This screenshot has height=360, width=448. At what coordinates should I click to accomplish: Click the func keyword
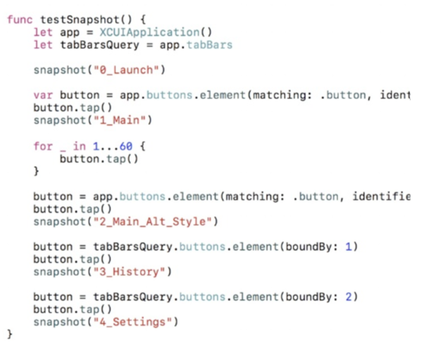point(20,19)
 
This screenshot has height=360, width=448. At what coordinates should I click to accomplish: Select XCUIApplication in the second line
point(150,32)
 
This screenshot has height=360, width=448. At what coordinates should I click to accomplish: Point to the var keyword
point(43,95)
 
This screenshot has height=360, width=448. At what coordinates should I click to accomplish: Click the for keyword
point(43,146)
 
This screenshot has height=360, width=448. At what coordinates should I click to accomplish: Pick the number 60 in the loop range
point(126,146)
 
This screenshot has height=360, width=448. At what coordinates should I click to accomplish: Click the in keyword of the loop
point(80,146)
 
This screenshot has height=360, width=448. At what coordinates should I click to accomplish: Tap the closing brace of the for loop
point(36,171)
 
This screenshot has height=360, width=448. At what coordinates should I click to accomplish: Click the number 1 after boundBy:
point(349,247)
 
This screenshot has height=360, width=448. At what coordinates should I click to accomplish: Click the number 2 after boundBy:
point(349,297)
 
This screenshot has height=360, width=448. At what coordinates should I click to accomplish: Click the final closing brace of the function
point(10,334)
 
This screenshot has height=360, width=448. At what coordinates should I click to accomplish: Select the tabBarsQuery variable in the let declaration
point(100,45)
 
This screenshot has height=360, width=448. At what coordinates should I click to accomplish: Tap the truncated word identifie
point(381,197)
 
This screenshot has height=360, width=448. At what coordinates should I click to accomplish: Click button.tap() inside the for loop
point(99,159)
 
